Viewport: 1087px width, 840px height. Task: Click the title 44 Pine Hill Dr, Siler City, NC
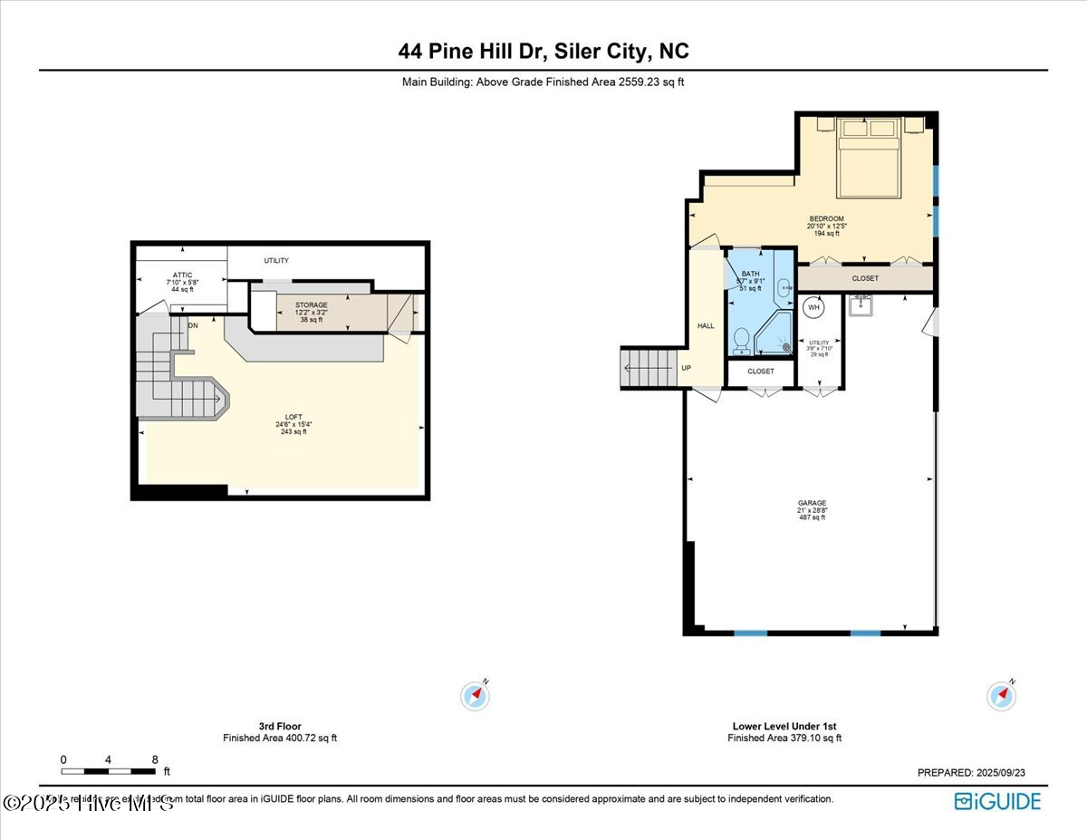click(x=543, y=52)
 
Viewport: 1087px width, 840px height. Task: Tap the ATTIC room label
click(x=183, y=275)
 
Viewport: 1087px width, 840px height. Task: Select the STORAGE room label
click(x=311, y=305)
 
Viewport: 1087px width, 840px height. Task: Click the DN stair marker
click(x=193, y=324)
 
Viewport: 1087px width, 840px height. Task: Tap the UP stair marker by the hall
click(x=685, y=369)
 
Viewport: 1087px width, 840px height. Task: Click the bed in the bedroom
click(x=869, y=157)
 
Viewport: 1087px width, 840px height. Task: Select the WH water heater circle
click(x=813, y=308)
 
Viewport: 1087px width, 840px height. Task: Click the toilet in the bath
click(x=741, y=341)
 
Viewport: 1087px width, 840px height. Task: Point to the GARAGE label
click(x=812, y=503)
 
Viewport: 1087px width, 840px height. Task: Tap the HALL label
click(x=706, y=326)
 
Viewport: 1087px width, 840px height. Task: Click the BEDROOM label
click(x=826, y=218)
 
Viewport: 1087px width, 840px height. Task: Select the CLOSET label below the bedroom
click(x=865, y=278)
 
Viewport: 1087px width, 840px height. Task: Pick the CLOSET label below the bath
click(x=761, y=372)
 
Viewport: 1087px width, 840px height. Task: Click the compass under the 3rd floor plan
click(x=476, y=696)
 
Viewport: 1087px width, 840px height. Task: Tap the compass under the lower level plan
click(x=1001, y=696)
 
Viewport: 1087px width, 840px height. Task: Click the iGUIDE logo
click(x=997, y=801)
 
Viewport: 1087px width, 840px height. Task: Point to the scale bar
click(x=108, y=771)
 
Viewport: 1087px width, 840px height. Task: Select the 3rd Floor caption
click(x=280, y=726)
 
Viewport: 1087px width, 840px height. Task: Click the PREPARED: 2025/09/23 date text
click(x=971, y=773)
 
